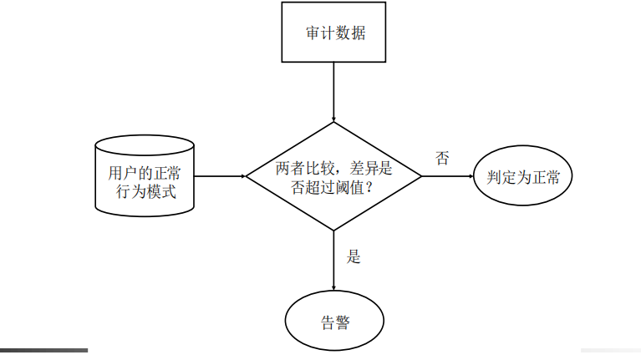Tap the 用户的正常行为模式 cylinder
click(145, 176)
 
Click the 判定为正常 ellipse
click(523, 176)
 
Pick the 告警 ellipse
click(334, 321)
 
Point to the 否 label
click(442, 158)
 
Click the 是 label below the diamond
click(354, 256)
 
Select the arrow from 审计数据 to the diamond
click(334, 92)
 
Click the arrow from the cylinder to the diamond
click(220, 176)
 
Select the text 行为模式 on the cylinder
click(145, 191)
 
